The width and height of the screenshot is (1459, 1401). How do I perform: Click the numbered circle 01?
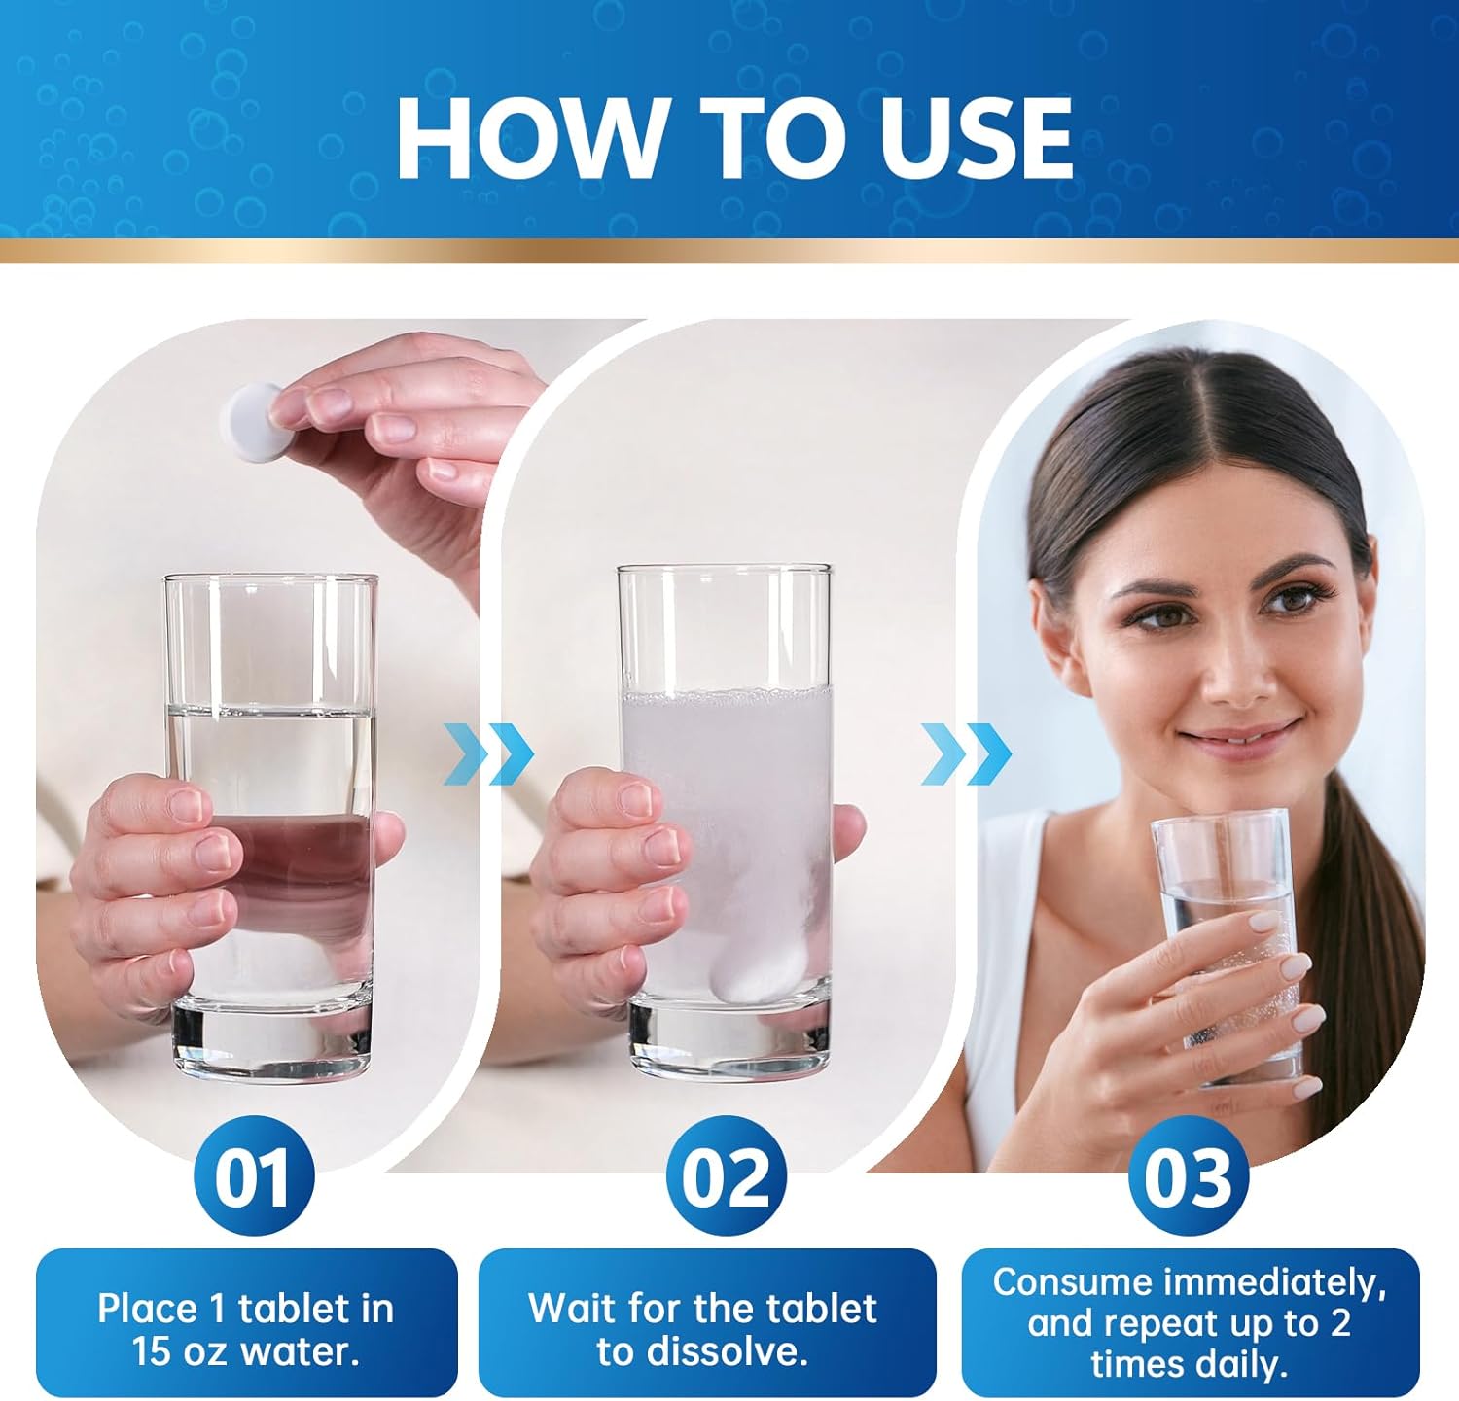[254, 1176]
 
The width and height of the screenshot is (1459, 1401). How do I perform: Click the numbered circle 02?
[726, 1176]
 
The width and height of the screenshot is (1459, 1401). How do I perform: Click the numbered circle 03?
[1188, 1176]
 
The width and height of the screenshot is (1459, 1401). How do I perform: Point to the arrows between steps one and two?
[489, 753]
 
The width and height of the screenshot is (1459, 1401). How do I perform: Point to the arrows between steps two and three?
[966, 753]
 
